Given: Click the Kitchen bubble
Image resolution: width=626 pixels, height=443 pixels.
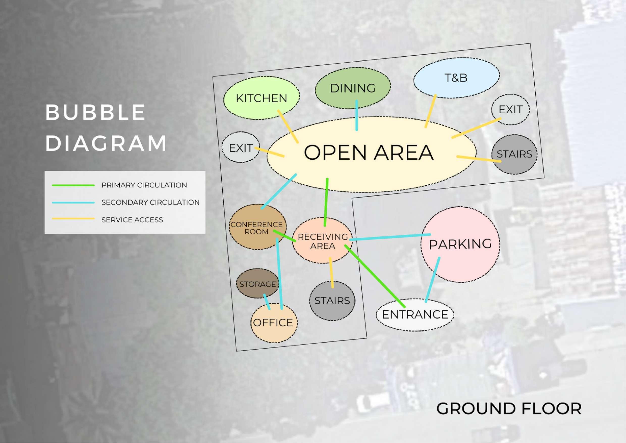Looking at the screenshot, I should coord(261,98).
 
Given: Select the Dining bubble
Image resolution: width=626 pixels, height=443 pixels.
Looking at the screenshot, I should coord(353,88).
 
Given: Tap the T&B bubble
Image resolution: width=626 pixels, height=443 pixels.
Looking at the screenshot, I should coord(456,78).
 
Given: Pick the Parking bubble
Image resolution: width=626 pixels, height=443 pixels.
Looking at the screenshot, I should coord(460,244).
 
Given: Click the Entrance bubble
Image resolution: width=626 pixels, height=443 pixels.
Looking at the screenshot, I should coord(415,315).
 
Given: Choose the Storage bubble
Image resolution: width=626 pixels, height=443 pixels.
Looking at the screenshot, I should coord(257,284).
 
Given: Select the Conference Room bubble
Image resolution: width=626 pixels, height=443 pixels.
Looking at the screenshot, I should coord(256,228).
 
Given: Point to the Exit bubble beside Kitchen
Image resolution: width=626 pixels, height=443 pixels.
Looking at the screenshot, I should coord(241,148).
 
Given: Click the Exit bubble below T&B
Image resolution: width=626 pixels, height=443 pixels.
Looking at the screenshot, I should coord(510,110).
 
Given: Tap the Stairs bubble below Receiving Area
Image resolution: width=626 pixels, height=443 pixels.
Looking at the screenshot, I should coord(332,301).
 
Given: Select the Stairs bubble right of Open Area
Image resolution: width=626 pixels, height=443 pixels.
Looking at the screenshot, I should coord(514,154).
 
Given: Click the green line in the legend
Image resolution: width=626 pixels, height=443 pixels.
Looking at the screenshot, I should coord(73,185).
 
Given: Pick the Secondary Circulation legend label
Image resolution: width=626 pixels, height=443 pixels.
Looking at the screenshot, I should coord(150,202).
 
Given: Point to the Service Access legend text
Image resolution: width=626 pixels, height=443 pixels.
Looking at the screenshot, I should coord(132,220).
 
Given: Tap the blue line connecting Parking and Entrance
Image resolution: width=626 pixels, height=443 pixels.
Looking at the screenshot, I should coord(432,280).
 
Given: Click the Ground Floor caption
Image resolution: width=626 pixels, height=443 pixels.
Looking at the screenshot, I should coord(509,409).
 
